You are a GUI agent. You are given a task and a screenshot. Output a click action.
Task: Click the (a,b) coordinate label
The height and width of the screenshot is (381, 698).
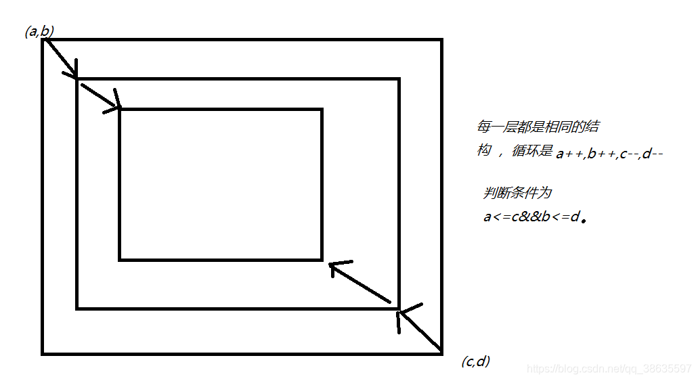point(39,31)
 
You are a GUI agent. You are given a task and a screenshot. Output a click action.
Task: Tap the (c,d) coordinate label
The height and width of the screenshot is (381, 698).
point(475,361)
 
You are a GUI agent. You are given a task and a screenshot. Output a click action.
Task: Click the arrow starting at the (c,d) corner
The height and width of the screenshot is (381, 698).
point(420,330)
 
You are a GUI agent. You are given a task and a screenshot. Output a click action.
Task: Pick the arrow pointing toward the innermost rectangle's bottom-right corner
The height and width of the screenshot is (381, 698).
point(360,282)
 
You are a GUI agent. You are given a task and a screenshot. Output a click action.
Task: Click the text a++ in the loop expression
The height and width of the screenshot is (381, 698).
point(568,154)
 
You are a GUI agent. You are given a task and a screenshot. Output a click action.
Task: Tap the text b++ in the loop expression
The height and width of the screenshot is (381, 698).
point(601,154)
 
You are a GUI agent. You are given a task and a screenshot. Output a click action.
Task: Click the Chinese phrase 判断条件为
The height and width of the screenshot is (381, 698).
point(517,193)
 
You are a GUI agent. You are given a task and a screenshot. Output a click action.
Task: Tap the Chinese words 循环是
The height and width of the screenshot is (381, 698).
point(532,151)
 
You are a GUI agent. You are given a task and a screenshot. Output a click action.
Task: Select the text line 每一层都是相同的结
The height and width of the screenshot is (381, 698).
point(537,127)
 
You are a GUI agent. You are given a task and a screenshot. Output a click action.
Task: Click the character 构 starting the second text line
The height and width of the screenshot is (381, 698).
point(483,150)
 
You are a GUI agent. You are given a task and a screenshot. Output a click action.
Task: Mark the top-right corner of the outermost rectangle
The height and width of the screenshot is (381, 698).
point(441,40)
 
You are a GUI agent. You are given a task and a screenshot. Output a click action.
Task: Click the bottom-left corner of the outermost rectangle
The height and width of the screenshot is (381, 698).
point(43,353)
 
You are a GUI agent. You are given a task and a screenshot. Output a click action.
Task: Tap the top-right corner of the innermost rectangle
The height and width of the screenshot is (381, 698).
point(322,109)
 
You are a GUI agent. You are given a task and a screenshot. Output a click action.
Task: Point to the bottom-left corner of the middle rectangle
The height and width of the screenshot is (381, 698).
point(77,309)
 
